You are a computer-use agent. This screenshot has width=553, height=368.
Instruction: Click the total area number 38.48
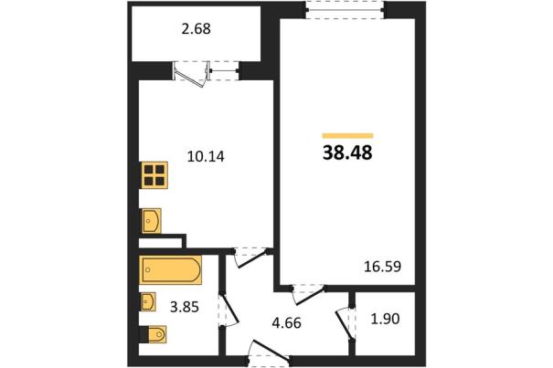coord(347,153)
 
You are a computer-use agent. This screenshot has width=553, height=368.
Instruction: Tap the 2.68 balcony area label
coord(197,29)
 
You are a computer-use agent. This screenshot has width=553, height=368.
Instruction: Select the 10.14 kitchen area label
coord(206,156)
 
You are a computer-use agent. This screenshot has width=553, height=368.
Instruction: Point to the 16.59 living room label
coord(382,267)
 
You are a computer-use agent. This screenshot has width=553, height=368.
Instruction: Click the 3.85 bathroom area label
coord(185,307)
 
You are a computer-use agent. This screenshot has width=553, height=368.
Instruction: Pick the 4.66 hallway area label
coord(286,323)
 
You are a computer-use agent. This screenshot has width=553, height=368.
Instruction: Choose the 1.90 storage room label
coord(385,319)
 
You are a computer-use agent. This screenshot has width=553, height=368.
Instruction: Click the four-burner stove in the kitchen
coord(154,175)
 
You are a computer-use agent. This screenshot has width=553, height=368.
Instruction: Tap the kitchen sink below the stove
coord(152,221)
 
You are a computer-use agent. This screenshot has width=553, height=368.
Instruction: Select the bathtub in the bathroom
coord(171,270)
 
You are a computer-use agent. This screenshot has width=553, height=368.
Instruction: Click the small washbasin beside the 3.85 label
coord(148,301)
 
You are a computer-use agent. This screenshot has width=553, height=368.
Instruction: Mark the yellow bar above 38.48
coord(347,136)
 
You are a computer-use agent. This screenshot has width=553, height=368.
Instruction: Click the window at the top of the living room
coord(345,10)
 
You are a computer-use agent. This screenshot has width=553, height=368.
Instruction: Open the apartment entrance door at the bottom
coord(270,353)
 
